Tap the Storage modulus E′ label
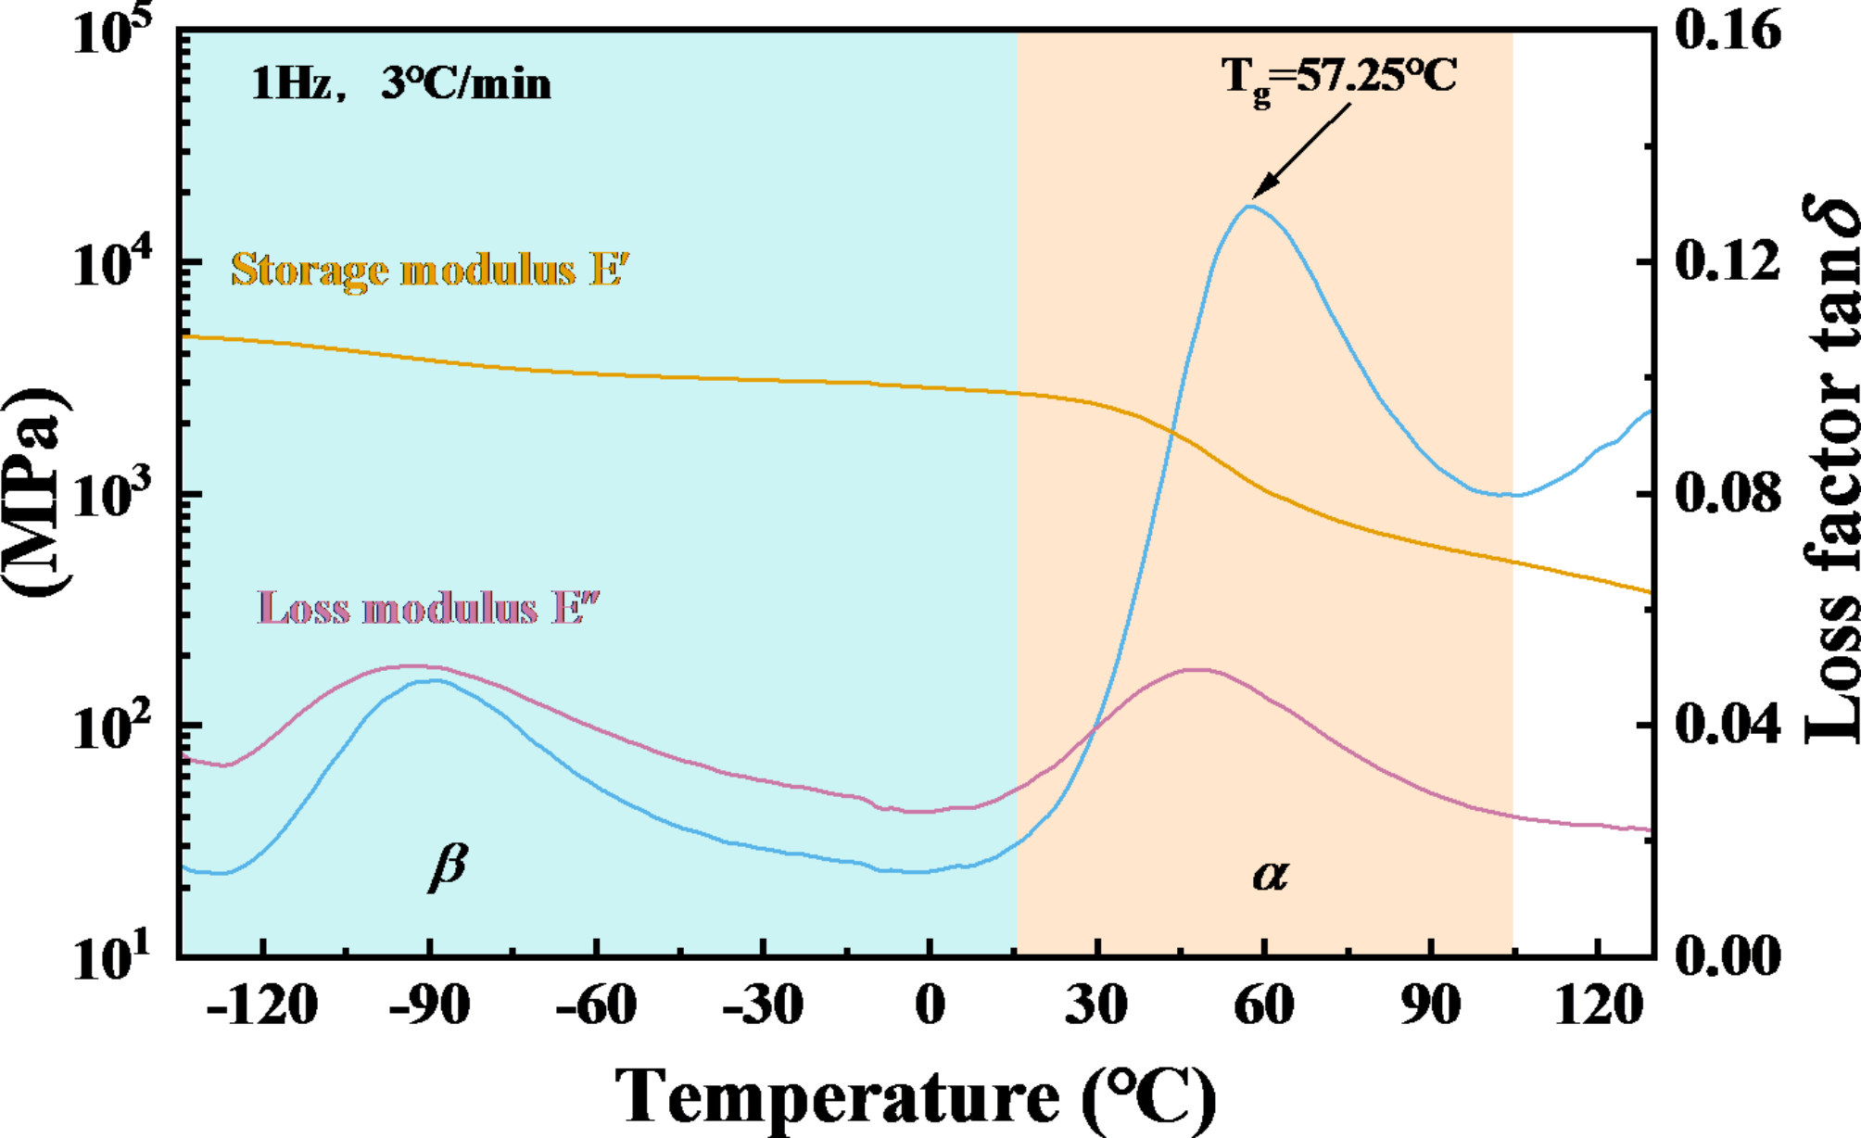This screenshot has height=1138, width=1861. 430,270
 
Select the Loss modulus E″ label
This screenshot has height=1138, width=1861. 428,609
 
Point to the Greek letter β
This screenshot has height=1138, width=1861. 449,866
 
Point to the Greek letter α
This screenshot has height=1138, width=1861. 1271,874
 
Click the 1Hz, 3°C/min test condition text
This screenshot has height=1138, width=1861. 400,84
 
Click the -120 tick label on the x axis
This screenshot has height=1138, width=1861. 262,1005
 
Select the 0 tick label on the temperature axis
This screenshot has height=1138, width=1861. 930,1005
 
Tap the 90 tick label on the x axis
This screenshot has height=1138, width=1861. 1430,1005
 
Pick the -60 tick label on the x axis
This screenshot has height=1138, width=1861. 596,1005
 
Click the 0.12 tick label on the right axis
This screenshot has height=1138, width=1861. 1728,261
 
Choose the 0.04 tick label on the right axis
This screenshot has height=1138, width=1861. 1728,725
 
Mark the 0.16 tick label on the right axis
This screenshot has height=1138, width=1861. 1728,31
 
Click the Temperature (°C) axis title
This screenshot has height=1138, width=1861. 916,1097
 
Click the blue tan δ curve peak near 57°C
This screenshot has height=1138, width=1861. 1250,206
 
